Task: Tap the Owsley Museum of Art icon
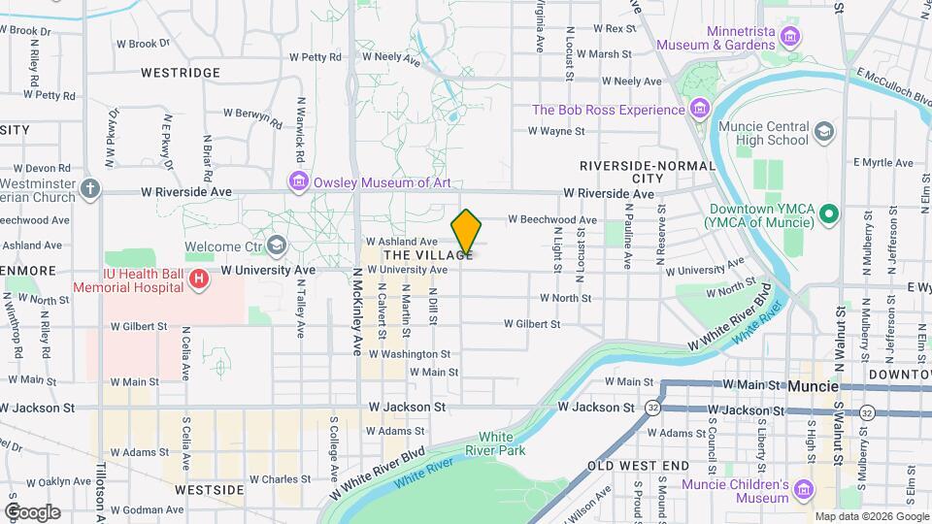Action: (x=298, y=182)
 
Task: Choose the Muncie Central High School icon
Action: (x=823, y=132)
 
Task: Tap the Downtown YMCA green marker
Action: (x=828, y=213)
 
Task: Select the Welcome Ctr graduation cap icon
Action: (x=277, y=245)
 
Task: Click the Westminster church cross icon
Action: (x=90, y=187)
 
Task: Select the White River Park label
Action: (x=495, y=443)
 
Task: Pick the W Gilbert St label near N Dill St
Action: (x=533, y=323)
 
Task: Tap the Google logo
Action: (x=32, y=511)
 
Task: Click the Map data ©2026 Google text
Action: (x=871, y=516)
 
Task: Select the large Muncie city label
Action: (x=814, y=386)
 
